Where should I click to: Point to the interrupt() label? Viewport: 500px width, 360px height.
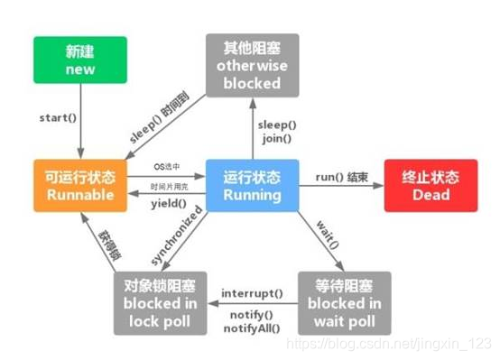[251, 294]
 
